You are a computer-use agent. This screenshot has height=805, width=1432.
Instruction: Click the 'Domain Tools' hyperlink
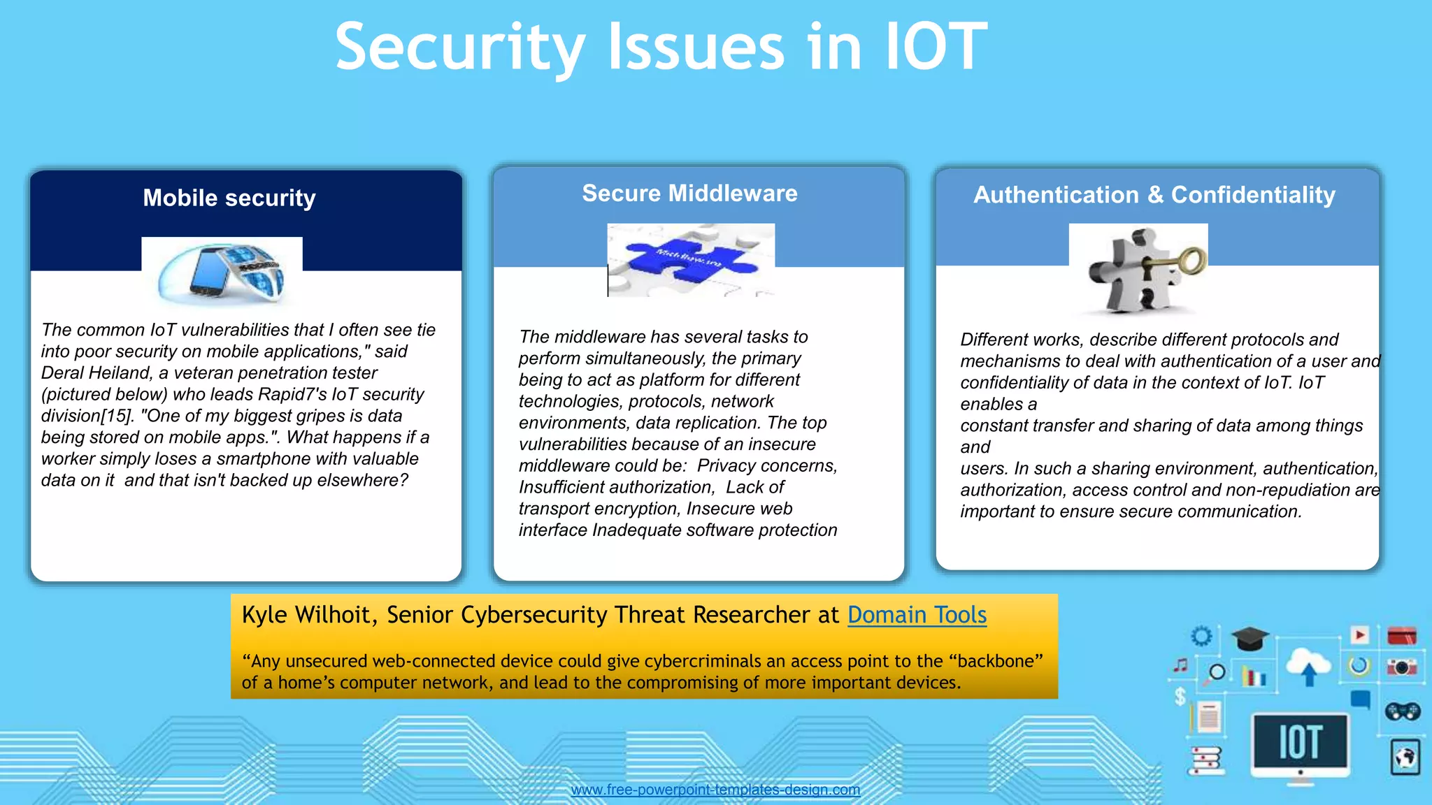tap(917, 615)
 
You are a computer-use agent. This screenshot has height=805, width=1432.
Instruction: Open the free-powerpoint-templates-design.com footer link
tap(715, 790)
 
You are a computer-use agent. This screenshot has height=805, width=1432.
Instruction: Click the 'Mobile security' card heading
tap(229, 198)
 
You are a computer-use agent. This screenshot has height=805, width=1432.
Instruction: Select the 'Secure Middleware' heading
tap(689, 193)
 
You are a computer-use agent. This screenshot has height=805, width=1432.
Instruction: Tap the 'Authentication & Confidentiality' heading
tap(1154, 194)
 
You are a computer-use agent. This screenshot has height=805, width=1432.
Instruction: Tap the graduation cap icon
tap(1250, 638)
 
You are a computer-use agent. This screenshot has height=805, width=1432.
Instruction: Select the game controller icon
tap(1402, 711)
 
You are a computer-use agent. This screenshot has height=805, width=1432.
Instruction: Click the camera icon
tap(1401, 667)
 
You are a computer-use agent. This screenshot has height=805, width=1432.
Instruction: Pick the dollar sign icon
tap(1180, 696)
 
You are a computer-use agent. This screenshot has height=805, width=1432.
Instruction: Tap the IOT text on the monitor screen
tap(1300, 742)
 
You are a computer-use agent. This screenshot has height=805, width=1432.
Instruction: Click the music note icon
tap(1181, 665)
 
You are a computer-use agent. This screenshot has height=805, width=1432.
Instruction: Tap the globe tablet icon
tap(1405, 757)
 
